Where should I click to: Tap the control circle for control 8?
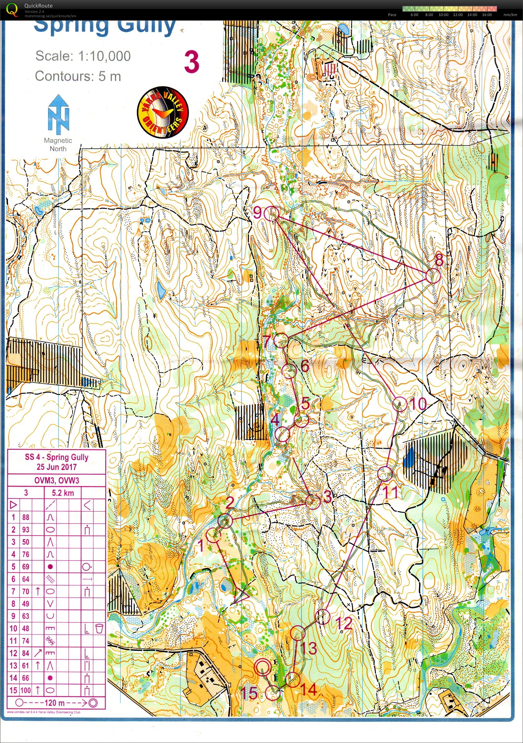[x=433, y=276]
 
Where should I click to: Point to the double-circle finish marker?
[x=262, y=666]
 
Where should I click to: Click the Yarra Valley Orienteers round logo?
[x=163, y=112]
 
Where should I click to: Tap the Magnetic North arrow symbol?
[x=58, y=115]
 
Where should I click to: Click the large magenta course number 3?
[x=192, y=62]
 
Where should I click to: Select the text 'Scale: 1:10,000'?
[x=83, y=56]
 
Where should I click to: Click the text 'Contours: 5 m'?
[x=78, y=77]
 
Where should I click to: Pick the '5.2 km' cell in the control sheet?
[x=63, y=493]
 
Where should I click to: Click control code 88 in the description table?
[x=26, y=518]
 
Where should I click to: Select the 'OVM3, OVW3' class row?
[x=57, y=481]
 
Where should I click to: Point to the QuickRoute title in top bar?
[x=38, y=6]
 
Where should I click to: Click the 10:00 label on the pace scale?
[x=443, y=15]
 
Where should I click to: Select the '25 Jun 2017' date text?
[x=57, y=467]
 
